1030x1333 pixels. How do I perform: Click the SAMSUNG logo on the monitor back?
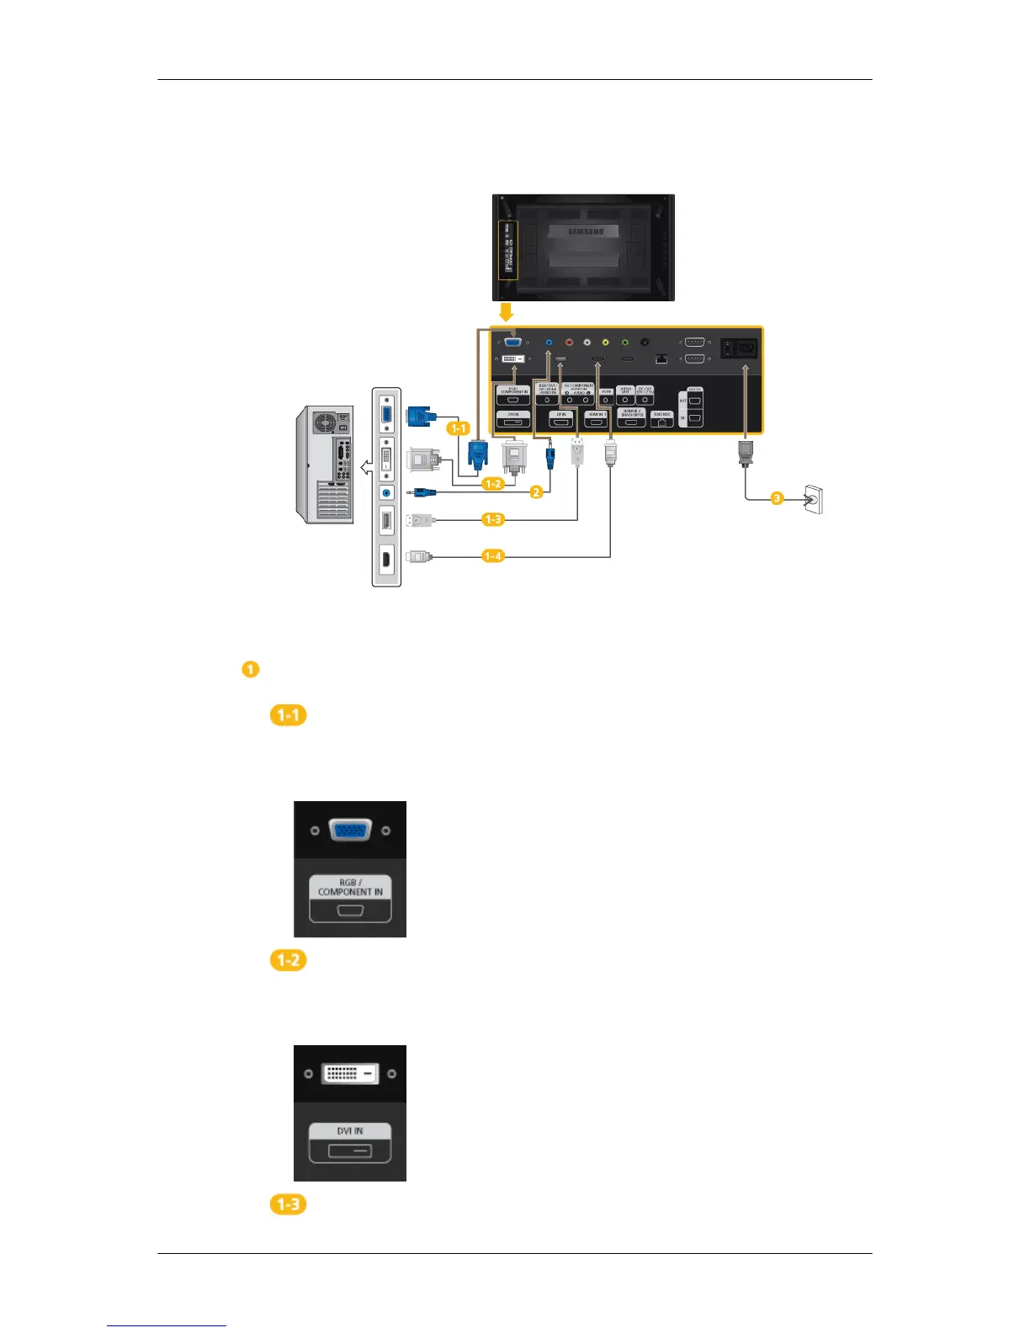coord(586,231)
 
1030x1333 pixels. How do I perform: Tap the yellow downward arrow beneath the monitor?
coord(506,312)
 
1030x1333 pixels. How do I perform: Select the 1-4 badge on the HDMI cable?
coord(493,555)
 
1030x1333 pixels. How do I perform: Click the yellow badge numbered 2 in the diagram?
coord(536,492)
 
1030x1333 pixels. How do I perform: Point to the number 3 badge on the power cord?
coord(777,498)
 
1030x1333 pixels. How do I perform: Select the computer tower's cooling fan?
coord(324,422)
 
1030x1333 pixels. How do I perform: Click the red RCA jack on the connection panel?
coord(569,343)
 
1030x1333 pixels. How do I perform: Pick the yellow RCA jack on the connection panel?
coord(605,343)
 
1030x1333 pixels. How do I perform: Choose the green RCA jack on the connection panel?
coord(624,343)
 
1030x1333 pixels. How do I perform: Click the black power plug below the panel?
coord(745,453)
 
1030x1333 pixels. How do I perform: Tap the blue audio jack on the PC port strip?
coord(386,493)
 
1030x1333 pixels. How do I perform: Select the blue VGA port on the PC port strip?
coord(386,414)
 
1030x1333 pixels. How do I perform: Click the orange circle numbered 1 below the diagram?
coord(250,670)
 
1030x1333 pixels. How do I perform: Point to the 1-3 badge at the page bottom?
coord(288,1204)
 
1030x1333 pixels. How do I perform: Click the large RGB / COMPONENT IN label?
coord(350,887)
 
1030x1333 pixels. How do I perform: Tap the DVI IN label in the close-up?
coord(350,1131)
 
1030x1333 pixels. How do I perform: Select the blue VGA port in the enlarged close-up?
coord(350,831)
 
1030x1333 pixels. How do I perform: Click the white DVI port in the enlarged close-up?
coord(350,1074)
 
